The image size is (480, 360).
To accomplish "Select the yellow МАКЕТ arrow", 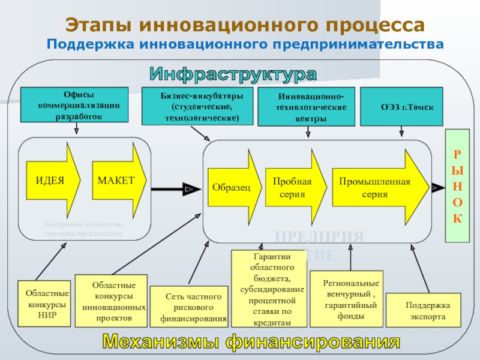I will coord(118,180).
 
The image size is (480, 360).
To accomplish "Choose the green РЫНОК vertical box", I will coord(457,185).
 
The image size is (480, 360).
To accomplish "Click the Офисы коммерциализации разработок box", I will coord(74,105).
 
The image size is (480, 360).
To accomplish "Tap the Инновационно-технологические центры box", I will coord(306,107).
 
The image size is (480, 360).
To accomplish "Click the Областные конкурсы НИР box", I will coord(44,304).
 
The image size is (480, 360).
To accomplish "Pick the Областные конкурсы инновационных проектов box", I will coord(113,301).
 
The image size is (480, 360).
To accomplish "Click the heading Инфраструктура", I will coord(233,74).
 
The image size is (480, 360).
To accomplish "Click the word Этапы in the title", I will coord(98,25).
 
